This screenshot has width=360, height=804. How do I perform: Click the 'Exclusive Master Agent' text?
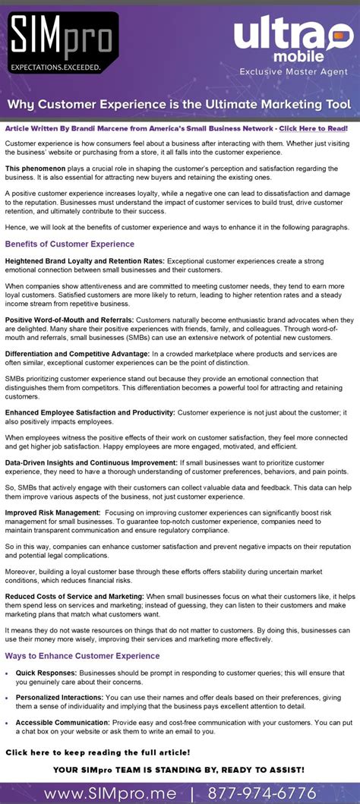[293, 72]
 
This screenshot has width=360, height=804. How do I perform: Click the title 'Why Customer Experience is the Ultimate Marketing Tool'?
[179, 103]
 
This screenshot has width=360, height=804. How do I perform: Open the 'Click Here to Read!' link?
[313, 128]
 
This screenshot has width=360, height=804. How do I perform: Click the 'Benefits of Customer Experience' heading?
[70, 244]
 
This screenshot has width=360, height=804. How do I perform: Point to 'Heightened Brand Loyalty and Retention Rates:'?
[84, 260]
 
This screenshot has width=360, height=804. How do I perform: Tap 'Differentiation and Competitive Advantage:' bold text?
[77, 353]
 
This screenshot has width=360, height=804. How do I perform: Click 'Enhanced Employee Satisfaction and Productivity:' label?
[90, 412]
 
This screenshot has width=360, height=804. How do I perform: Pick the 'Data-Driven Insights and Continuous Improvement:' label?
[91, 462]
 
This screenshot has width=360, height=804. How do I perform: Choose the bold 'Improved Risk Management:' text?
[52, 512]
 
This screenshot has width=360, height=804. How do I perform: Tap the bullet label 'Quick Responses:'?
[46, 673]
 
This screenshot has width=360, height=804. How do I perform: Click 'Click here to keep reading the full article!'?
[98, 752]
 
